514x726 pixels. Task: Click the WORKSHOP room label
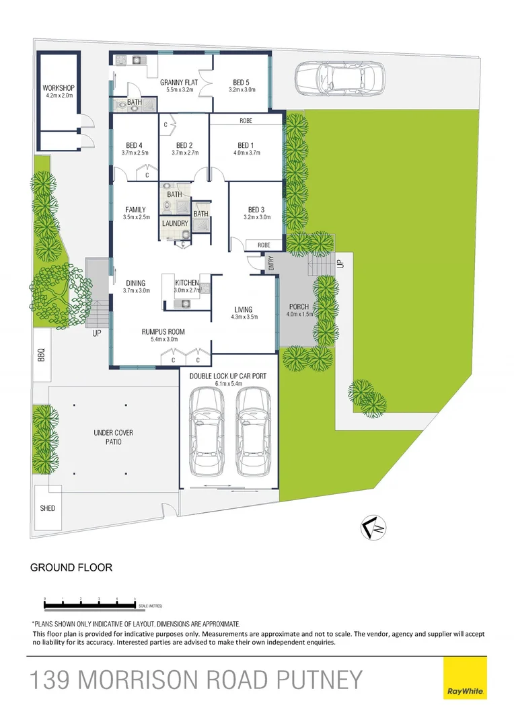pyautogui.click(x=59, y=88)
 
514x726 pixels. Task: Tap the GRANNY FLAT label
pyautogui.click(x=177, y=83)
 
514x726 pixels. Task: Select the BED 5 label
pyautogui.click(x=242, y=83)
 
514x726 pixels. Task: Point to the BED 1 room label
pyautogui.click(x=246, y=145)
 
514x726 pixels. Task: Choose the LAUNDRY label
pyautogui.click(x=175, y=223)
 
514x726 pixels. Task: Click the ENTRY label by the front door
pyautogui.click(x=271, y=264)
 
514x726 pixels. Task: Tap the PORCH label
pyautogui.click(x=299, y=307)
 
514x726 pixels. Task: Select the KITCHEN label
pyautogui.click(x=186, y=283)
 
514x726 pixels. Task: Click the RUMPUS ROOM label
pyautogui.click(x=163, y=332)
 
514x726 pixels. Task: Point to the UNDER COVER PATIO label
pyautogui.click(x=108, y=438)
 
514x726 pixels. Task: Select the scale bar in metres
pyautogui.click(x=89, y=602)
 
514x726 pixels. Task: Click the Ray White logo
pyautogui.click(x=465, y=679)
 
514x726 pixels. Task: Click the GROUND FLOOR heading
pyautogui.click(x=71, y=567)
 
